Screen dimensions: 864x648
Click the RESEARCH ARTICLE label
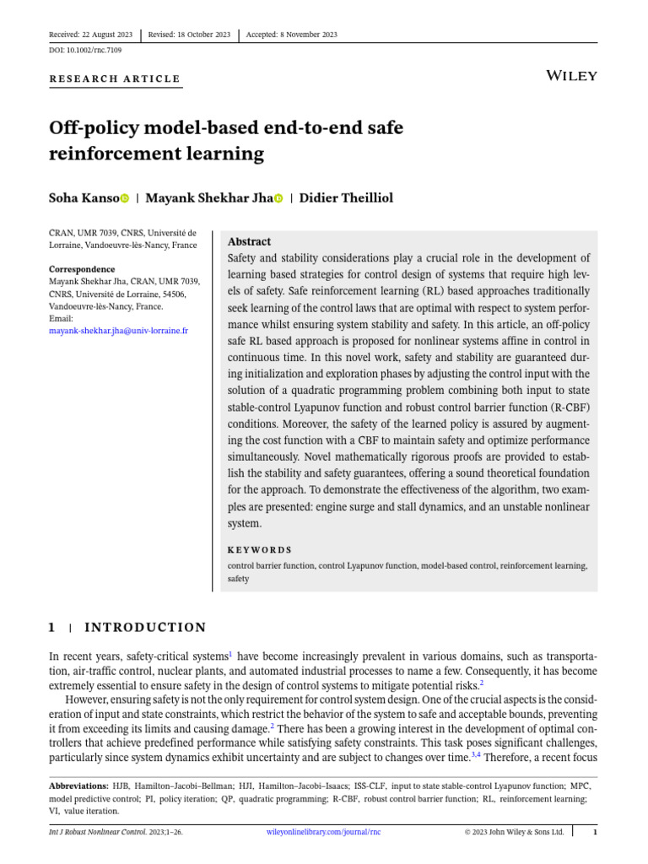116,79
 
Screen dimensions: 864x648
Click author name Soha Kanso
84,198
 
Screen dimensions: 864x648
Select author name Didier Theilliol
347,198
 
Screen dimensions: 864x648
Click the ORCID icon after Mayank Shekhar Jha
278,199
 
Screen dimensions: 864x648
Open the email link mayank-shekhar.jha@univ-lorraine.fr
118,331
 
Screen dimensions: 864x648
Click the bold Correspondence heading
82,269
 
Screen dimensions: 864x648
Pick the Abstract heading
250,241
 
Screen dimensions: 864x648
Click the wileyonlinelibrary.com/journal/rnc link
323,832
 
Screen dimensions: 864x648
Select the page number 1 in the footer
595,832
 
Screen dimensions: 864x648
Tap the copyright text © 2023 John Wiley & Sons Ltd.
514,832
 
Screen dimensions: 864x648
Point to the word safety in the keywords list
239,580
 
